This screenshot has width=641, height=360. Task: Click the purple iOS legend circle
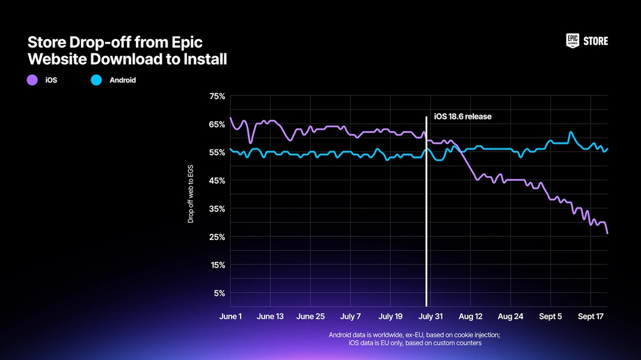click(x=32, y=80)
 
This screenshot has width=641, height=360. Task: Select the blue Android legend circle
click(x=96, y=80)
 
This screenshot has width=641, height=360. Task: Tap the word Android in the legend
click(x=123, y=80)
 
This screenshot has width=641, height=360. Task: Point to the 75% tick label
click(x=217, y=96)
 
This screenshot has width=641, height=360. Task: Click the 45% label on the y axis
click(x=217, y=181)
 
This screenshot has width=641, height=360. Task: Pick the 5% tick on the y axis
click(x=219, y=293)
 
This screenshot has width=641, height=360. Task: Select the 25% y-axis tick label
click(x=217, y=237)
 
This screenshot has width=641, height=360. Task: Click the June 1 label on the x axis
click(x=230, y=316)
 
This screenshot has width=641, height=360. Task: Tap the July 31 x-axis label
click(x=431, y=316)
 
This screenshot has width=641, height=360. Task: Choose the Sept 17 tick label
click(x=590, y=316)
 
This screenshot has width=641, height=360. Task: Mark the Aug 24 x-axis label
click(x=511, y=316)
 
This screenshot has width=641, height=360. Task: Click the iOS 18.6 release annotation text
click(x=462, y=117)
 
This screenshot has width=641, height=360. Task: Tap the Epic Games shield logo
click(x=572, y=41)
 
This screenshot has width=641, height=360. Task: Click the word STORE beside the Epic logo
click(x=595, y=41)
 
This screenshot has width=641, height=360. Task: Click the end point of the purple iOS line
click(x=607, y=233)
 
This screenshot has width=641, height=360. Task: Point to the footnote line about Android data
click(x=414, y=335)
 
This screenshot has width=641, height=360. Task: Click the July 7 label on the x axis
click(x=351, y=316)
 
